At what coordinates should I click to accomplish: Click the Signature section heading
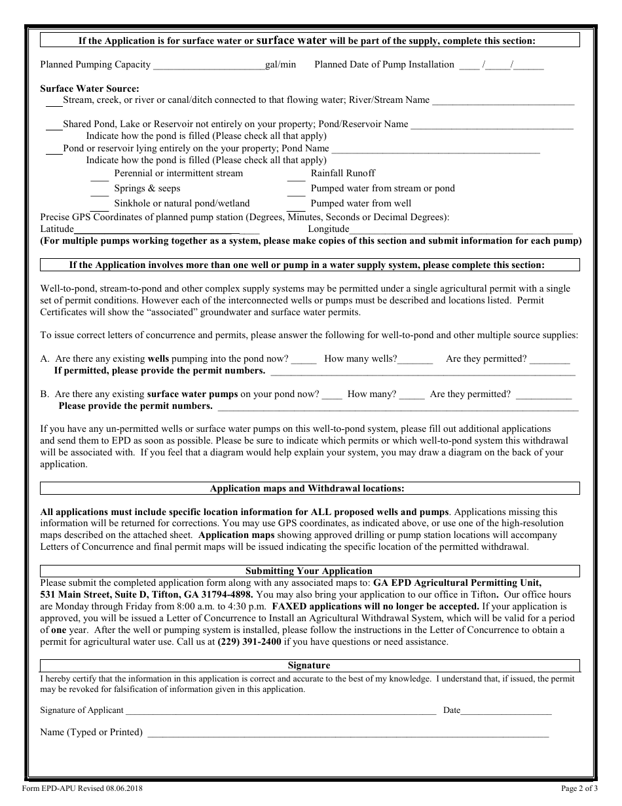[309, 665]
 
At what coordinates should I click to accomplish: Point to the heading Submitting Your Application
[309, 571]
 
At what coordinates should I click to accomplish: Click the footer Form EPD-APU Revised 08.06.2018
[82, 788]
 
